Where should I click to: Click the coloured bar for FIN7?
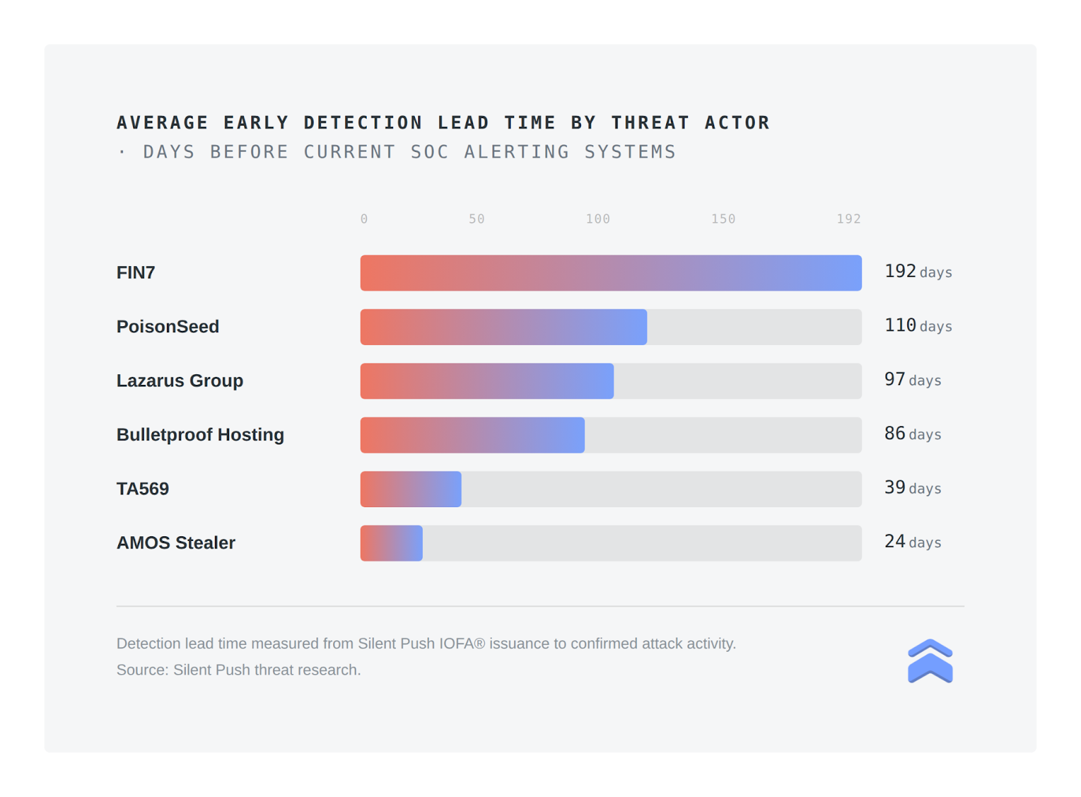coord(611,273)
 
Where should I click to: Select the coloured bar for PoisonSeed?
coord(503,327)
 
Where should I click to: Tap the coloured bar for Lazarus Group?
coord(486,381)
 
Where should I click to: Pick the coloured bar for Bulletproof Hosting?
coord(472,435)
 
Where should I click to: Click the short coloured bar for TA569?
coord(411,489)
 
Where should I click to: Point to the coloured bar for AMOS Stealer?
coord(391,543)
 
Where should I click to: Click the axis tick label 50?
coord(476,219)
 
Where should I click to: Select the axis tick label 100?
coord(598,219)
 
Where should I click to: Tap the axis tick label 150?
coord(723,219)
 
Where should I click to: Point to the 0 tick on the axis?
coord(364,219)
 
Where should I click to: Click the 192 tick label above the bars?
coord(849,219)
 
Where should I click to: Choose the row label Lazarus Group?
coord(180,381)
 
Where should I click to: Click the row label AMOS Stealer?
coord(176,543)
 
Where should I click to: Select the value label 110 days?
coord(918,326)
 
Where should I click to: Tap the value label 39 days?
coord(913,488)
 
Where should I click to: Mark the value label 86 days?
coord(913,434)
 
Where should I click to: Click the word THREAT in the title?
coord(651,123)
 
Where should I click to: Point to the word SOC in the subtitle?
coord(430,152)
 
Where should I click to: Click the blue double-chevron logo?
coord(930,661)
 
